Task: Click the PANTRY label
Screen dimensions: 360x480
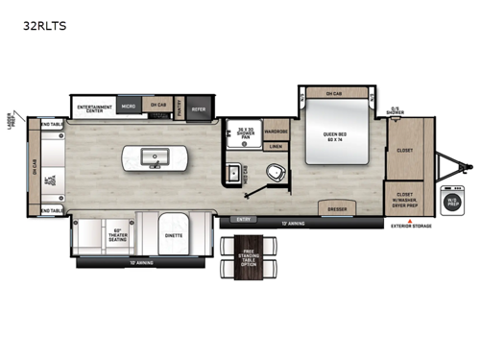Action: pyautogui.click(x=180, y=108)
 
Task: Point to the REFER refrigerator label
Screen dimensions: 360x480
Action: pyautogui.click(x=199, y=108)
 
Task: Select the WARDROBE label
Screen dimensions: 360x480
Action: pyautogui.click(x=276, y=130)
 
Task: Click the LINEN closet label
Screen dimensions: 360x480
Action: pyautogui.click(x=276, y=147)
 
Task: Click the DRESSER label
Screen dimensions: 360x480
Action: pyautogui.click(x=337, y=207)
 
